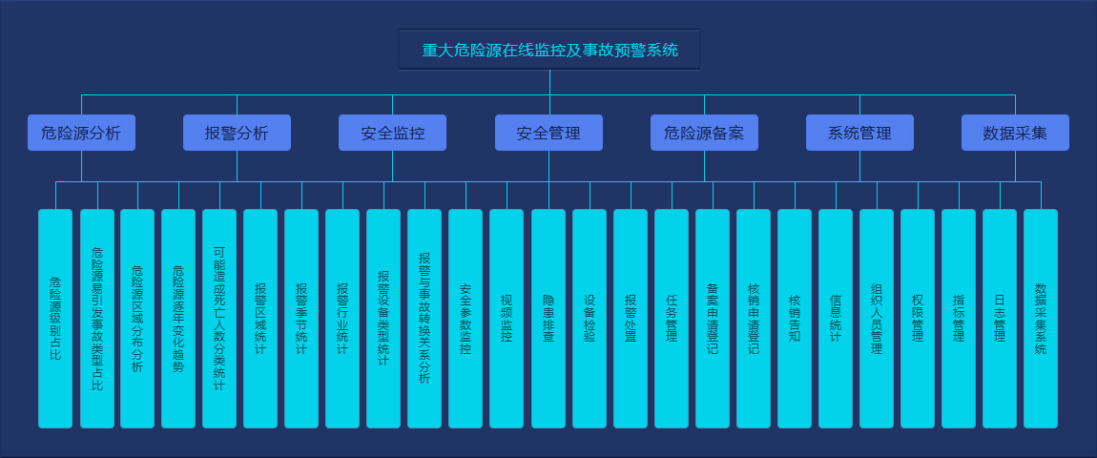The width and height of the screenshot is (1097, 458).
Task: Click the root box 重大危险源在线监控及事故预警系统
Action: tap(549, 50)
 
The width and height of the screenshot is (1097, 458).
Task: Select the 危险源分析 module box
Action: tap(81, 133)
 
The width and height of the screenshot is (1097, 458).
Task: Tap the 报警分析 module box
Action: tap(237, 133)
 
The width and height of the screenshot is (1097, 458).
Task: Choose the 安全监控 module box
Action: tap(392, 133)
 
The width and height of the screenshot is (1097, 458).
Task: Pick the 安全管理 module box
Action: tap(548, 133)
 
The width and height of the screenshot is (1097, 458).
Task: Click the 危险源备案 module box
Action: tap(704, 133)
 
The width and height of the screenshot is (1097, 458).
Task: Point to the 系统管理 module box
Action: tap(859, 133)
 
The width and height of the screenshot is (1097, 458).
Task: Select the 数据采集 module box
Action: tap(1015, 133)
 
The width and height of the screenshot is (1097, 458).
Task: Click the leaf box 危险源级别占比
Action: tap(55, 319)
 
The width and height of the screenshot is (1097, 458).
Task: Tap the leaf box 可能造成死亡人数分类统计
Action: tap(219, 319)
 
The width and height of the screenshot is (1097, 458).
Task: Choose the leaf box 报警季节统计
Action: tap(301, 319)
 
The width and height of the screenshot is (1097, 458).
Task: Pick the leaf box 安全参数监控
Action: tap(466, 319)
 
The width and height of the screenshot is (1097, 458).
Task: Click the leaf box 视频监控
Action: tap(507, 319)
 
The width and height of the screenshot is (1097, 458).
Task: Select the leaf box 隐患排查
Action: tap(548, 319)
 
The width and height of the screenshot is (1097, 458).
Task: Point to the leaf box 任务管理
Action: tap(672, 319)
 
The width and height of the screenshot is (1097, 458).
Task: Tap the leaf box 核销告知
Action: tap(795, 319)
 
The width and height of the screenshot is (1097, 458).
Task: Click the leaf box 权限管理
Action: tap(918, 319)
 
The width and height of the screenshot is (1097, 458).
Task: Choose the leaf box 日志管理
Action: tap(1000, 319)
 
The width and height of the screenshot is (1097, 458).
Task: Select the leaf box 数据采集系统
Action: tap(1041, 319)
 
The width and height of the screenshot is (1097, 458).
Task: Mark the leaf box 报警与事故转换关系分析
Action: tap(424, 319)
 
